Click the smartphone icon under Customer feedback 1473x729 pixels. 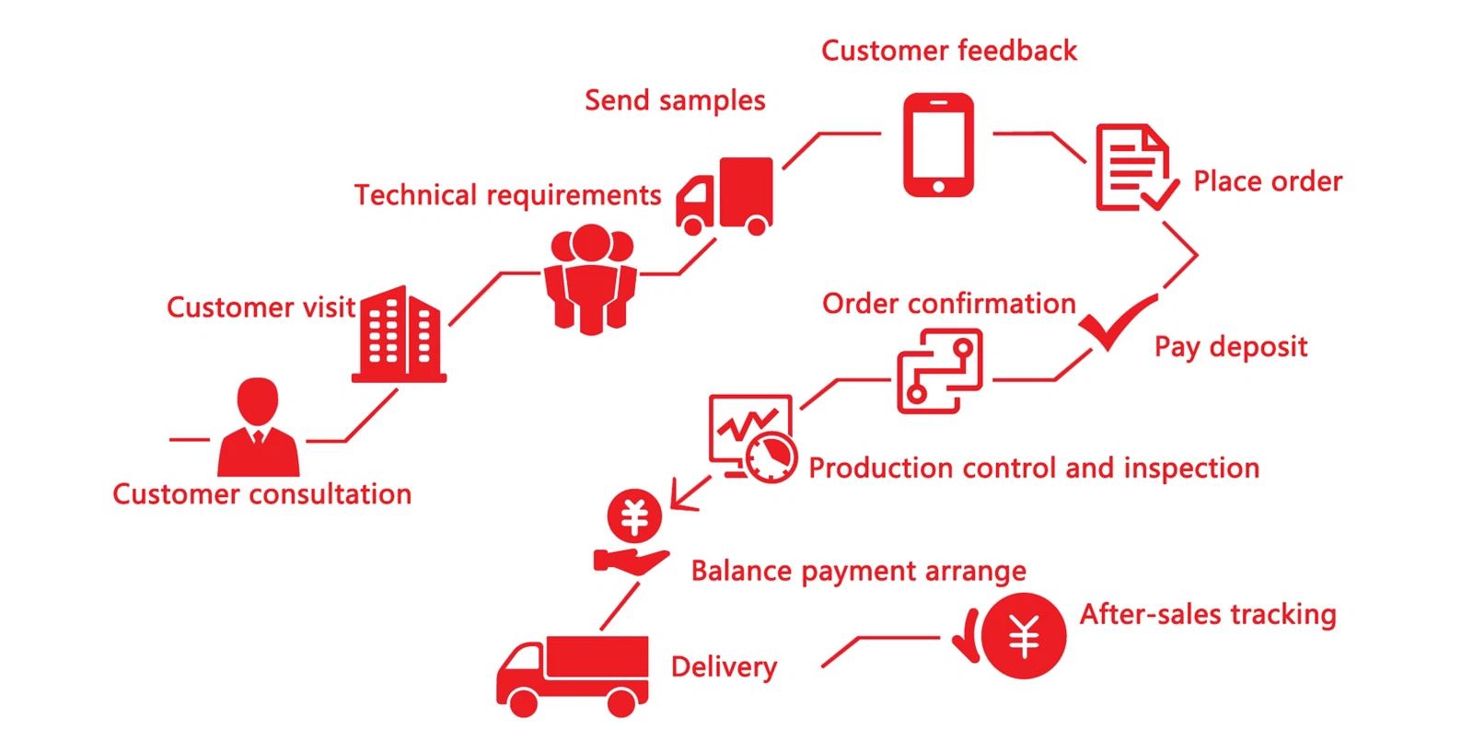(x=938, y=145)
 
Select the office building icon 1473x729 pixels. (x=399, y=336)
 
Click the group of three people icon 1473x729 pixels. (x=590, y=279)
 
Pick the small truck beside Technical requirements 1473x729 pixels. (x=726, y=196)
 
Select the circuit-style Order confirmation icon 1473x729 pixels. (x=940, y=371)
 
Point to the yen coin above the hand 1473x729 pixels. (x=634, y=515)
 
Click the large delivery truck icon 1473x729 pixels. (x=573, y=676)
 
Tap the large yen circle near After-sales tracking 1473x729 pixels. (x=1023, y=636)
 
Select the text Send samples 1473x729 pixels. (x=675, y=100)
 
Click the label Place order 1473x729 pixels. (x=1268, y=181)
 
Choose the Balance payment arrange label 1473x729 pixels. (x=858, y=572)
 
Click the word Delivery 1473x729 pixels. (x=724, y=667)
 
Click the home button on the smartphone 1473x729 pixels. (x=938, y=186)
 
